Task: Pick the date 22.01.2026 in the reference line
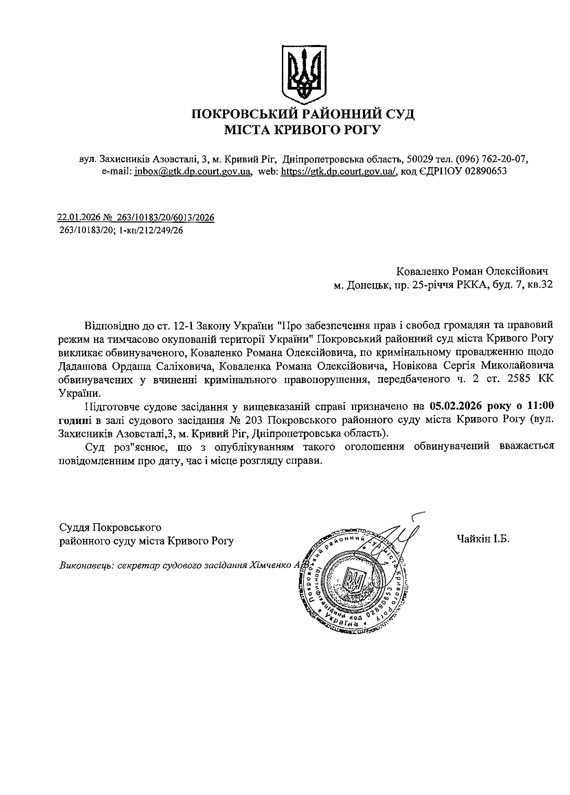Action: pyautogui.click(x=80, y=218)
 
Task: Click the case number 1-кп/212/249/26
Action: pyautogui.click(x=151, y=230)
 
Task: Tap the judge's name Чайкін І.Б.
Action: pyautogui.click(x=483, y=539)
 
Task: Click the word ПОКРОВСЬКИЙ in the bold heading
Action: pyautogui.click(x=244, y=115)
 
